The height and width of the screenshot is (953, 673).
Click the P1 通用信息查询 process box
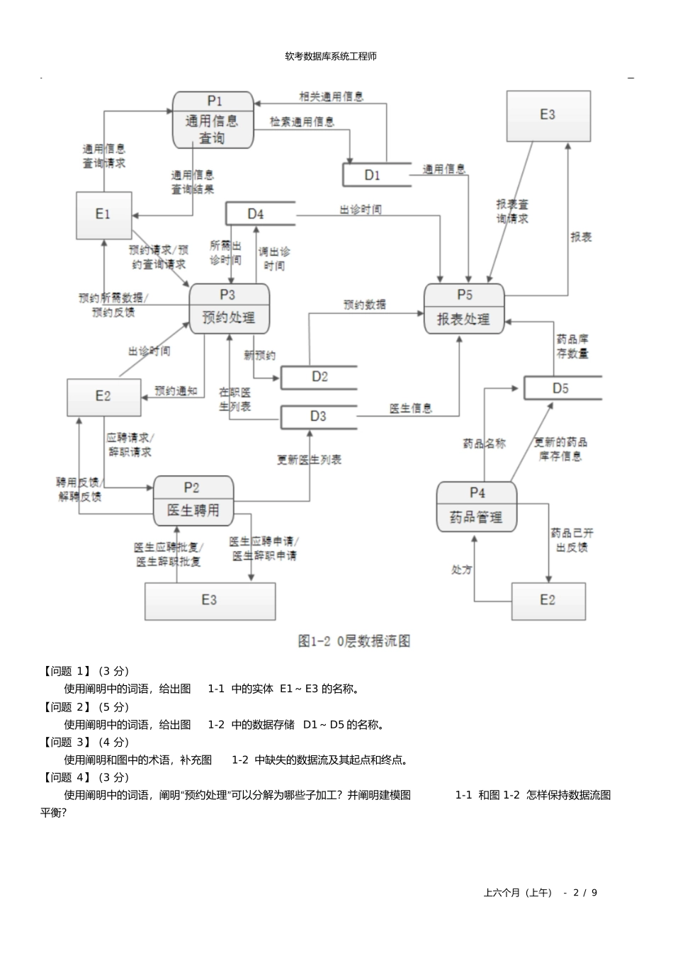[x=213, y=120]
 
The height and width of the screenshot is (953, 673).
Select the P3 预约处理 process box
[x=229, y=308]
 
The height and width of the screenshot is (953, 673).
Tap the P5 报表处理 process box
[x=464, y=309]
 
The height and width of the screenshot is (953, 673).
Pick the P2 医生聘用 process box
[x=193, y=500]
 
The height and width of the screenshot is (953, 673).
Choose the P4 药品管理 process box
[x=476, y=507]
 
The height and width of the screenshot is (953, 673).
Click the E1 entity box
[x=103, y=215]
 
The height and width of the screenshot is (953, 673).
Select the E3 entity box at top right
[x=548, y=115]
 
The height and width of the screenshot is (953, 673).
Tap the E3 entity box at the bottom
[x=210, y=601]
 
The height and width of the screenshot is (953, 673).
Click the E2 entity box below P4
[x=548, y=601]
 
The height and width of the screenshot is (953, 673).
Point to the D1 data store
[x=375, y=175]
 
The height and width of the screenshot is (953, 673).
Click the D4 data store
[x=259, y=214]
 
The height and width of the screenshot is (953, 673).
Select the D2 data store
[x=319, y=377]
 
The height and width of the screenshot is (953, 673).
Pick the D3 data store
[x=319, y=417]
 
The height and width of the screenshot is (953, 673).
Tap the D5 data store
[x=562, y=388]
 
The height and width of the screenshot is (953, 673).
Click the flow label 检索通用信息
[x=302, y=122]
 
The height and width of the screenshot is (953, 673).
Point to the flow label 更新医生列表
[x=309, y=460]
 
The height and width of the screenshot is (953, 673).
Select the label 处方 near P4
[x=461, y=570]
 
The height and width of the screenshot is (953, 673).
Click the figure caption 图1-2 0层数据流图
[x=354, y=641]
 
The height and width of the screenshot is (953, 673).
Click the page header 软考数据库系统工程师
[x=331, y=56]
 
